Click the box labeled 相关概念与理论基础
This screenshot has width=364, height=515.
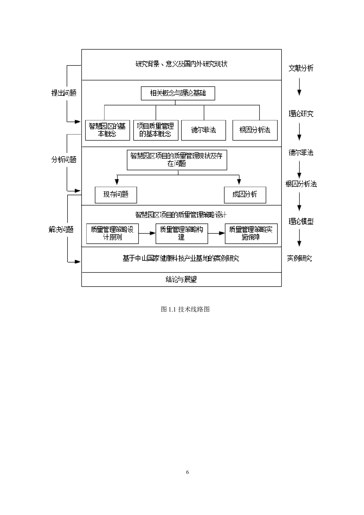[x=178, y=93]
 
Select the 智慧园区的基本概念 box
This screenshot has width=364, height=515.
[x=107, y=130]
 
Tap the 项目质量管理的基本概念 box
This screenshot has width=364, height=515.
[x=156, y=130]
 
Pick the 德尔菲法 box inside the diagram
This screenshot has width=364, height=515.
[x=203, y=130]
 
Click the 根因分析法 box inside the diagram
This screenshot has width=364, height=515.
[x=255, y=130]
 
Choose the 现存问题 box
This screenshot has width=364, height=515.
[x=116, y=195]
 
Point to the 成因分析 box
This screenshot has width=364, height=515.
[x=245, y=195]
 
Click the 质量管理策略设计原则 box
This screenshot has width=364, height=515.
[x=112, y=233]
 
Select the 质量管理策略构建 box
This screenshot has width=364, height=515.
[x=182, y=233]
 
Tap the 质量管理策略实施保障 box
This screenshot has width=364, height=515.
[x=251, y=233]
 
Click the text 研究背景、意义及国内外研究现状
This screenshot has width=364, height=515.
[x=181, y=64]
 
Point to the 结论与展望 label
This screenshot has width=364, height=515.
[x=181, y=279]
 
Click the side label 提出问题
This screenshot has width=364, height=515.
[x=64, y=93]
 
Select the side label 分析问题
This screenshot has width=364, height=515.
[x=64, y=160]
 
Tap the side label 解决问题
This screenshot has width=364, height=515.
[x=61, y=230]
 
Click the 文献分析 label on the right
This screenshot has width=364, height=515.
[x=301, y=68]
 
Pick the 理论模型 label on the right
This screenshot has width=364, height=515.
[x=301, y=222]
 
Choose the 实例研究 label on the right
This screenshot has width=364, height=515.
[x=299, y=258]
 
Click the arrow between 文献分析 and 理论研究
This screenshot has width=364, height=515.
[x=299, y=87]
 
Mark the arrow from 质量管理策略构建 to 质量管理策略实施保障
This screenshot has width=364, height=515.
[x=216, y=233]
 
